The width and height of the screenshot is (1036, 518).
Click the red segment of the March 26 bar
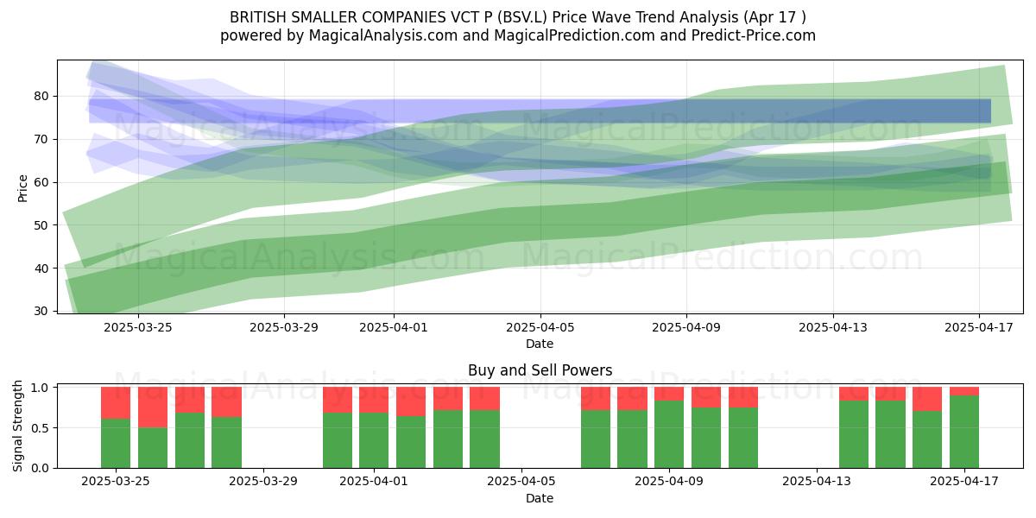(x=153, y=407)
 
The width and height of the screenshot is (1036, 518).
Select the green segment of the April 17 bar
(x=964, y=432)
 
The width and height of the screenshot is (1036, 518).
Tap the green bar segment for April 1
(x=374, y=439)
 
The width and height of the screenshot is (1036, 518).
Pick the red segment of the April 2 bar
(x=411, y=401)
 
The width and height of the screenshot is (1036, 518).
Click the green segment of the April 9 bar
(x=669, y=434)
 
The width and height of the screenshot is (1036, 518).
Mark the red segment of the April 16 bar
(x=927, y=399)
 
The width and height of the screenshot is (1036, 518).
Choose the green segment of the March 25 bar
(x=116, y=444)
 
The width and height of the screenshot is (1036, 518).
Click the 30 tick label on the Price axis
(x=42, y=311)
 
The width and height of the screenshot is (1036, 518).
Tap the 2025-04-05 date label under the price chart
(x=540, y=327)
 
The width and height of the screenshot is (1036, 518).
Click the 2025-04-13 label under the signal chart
(x=817, y=481)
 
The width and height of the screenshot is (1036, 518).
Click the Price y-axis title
(x=22, y=188)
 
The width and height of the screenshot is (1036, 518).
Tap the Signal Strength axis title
(x=17, y=426)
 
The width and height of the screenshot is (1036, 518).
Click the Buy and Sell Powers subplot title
(x=540, y=370)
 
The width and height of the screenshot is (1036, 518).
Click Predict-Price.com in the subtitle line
(x=754, y=35)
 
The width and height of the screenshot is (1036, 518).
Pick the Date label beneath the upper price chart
(x=540, y=344)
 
